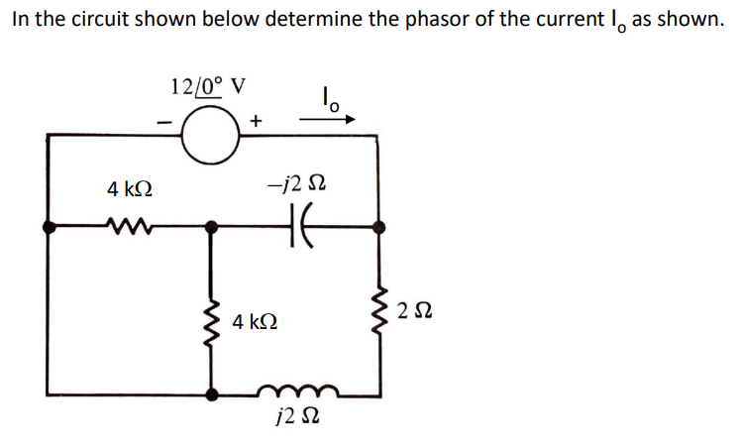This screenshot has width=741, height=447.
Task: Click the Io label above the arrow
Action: coord(331,97)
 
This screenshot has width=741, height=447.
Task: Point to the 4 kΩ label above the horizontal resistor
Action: coord(130,187)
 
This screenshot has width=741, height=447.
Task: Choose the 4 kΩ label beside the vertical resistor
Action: coord(255,322)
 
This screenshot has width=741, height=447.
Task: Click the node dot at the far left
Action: coord(49,227)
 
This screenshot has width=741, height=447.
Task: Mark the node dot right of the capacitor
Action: coord(378,227)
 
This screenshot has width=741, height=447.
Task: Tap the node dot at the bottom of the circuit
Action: coord(210,393)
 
